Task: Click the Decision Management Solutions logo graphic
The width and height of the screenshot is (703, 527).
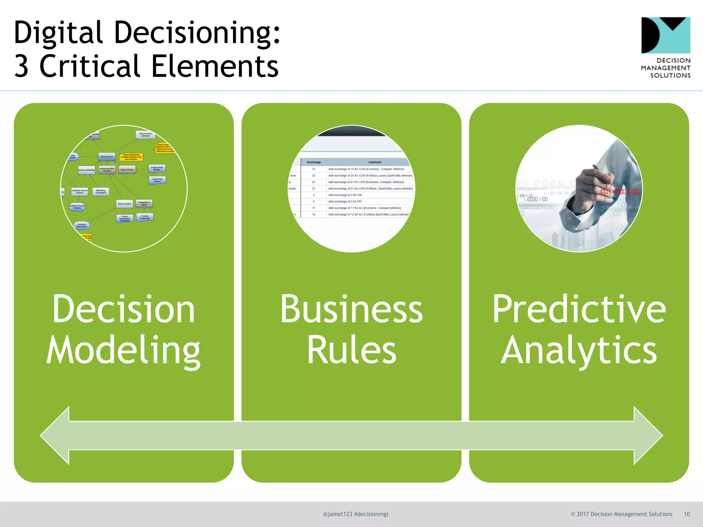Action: click(666, 35)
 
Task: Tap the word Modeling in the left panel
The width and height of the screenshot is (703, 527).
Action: click(124, 350)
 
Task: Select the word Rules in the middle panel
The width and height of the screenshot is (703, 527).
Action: click(351, 350)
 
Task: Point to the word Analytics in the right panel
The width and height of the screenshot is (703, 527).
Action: click(579, 350)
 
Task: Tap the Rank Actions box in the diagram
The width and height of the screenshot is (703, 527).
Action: click(107, 157)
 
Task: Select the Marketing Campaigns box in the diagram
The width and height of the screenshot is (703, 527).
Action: click(101, 191)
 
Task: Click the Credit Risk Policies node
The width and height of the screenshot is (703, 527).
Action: click(157, 180)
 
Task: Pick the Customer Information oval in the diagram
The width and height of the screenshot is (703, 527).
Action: click(82, 225)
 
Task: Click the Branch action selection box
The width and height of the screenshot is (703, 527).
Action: click(146, 134)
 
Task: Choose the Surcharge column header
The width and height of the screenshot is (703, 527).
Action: click(313, 162)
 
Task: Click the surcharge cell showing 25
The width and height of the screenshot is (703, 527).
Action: click(313, 175)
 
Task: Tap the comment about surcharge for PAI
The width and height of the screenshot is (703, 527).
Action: click(345, 195)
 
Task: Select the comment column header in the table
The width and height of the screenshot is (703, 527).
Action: click(374, 162)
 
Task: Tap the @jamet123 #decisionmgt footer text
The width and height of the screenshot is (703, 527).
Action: click(356, 514)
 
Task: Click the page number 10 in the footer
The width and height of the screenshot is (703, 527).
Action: click(687, 514)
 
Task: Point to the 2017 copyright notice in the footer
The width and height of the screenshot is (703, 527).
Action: click(621, 514)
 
